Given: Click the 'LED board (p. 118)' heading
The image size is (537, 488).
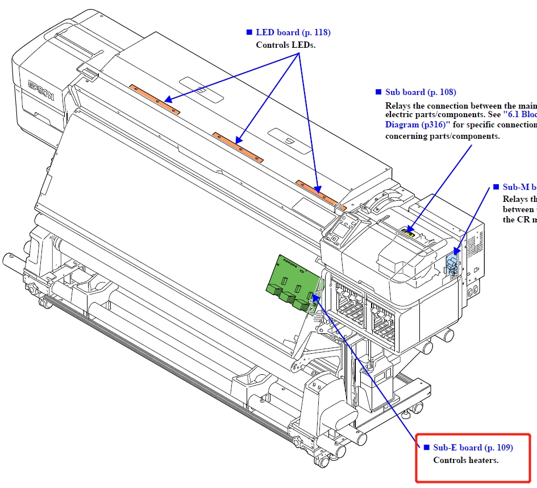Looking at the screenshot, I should point(293,32).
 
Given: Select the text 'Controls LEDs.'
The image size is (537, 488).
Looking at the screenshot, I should point(285,45).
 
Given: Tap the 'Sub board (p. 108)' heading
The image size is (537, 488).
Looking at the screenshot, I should point(421,92).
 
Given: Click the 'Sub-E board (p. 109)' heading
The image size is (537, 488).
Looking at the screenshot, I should point(473,448).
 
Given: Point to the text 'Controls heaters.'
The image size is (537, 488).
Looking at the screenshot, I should point(465,460).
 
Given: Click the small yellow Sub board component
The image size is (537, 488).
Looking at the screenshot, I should point(407,231).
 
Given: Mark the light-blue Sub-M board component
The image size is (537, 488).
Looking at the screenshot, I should point(452,263).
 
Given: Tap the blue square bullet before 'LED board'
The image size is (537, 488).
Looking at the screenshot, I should point(249,32).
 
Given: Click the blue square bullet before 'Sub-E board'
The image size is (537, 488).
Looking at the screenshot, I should point(426,448).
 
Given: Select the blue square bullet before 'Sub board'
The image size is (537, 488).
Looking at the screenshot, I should point(378,92).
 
